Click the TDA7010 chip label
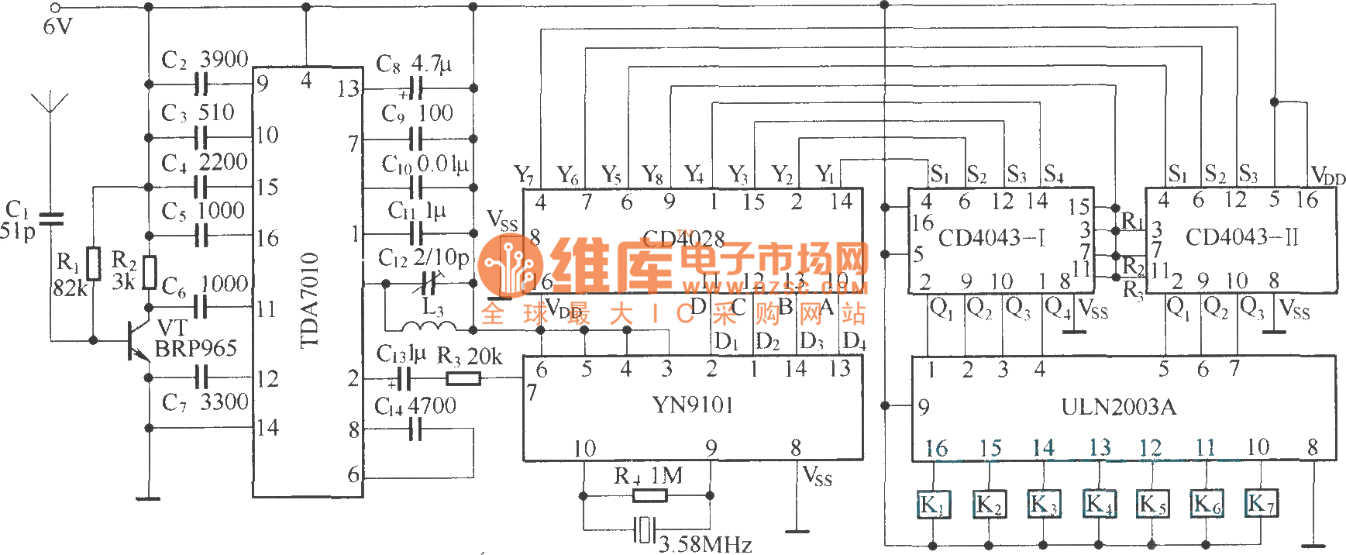pos(309,300)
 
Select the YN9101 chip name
pos(692,405)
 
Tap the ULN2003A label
pos(1118,407)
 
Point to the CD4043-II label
pos(1241,237)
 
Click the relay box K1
pos(933,505)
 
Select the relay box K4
pos(1099,505)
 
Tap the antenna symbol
pos(50,105)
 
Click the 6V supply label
pos(57,27)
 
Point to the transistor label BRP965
pos(195,349)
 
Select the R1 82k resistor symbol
pos(94,264)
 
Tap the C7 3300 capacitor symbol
pos(202,377)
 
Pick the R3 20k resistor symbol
pos(463,378)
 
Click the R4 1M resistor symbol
pos(649,495)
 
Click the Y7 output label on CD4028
pos(524,174)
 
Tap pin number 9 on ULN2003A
pos(923,407)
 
